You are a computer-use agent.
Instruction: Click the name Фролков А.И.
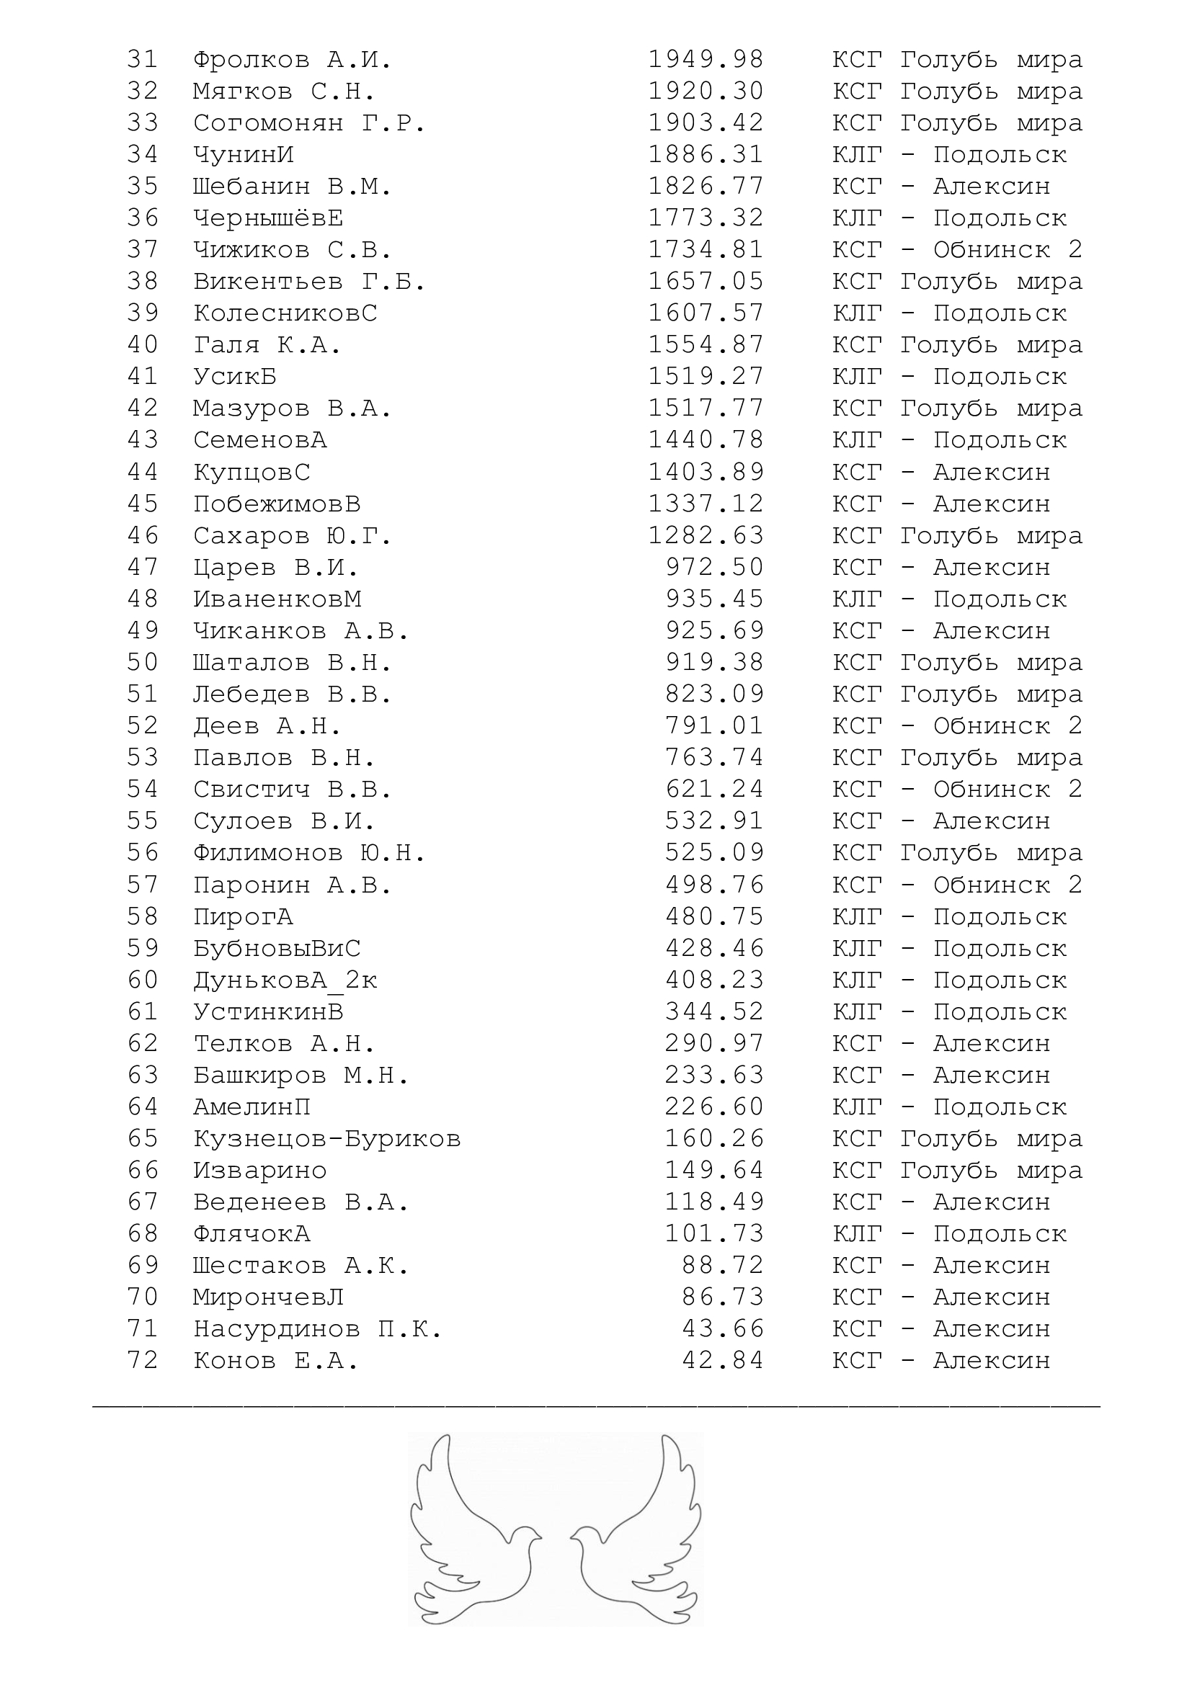(x=292, y=60)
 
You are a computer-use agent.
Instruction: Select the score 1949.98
(x=706, y=60)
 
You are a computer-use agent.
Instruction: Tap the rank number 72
(x=143, y=1360)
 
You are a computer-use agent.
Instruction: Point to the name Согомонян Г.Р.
(x=309, y=122)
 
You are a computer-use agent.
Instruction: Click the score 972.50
(x=714, y=567)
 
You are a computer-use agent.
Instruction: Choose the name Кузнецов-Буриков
(x=326, y=1138)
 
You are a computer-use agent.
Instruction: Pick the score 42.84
(x=723, y=1360)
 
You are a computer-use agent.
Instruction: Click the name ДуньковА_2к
(x=285, y=980)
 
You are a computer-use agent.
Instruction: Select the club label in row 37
(x=957, y=249)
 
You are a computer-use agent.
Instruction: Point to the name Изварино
(x=260, y=1170)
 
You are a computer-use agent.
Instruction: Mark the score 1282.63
(x=706, y=536)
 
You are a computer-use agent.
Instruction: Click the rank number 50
(x=143, y=662)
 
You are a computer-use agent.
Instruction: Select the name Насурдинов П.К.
(x=318, y=1328)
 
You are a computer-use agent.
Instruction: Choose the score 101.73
(x=714, y=1233)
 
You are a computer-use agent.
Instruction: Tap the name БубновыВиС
(x=277, y=948)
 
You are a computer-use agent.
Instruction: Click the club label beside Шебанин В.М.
(x=941, y=187)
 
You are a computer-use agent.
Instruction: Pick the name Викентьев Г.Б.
(x=309, y=281)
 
